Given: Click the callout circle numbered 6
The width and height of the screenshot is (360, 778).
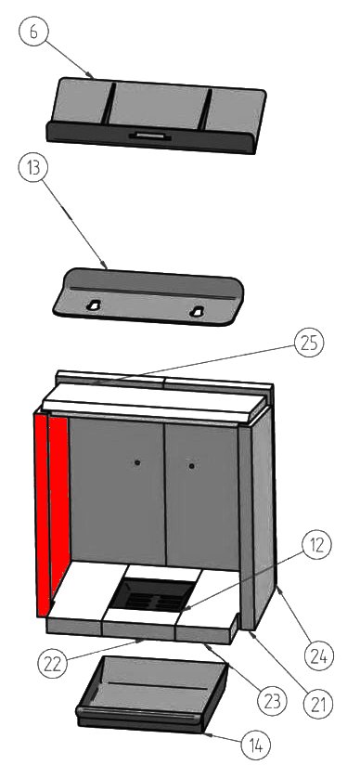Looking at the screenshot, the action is pos(32,31).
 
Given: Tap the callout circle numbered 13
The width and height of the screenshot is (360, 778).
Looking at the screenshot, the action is pos(32,168).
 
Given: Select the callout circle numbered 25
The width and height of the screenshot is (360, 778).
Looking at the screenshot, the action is pos(309,344).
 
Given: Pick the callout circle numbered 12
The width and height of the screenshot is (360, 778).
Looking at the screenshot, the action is pos(316,545).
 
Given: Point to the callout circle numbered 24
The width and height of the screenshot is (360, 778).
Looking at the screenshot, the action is pos(319,656).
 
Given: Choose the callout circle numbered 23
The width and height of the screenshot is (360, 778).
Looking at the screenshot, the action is pos(272,701).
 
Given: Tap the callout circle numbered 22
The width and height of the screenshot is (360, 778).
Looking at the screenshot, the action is pos(53,662).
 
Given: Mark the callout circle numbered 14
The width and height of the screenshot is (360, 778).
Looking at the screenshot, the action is pos(256,745).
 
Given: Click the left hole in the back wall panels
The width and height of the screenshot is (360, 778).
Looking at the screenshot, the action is pos(137,462).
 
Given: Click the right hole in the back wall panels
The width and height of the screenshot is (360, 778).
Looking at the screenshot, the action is pos(191,466).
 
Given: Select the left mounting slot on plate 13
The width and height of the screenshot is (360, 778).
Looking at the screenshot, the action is pos(93,305).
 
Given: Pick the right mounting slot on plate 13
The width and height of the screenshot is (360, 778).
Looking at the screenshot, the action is pos(197,312).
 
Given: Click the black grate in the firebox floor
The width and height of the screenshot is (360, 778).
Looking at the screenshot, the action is pos(152,595).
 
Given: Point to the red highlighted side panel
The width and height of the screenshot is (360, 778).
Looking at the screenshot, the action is pos(51,511).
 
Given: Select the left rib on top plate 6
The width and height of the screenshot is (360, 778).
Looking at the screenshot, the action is pos(109,104).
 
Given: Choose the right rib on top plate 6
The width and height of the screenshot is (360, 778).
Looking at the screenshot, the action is pos(205,110).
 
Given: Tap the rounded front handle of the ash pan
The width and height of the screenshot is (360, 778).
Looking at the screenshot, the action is pos(140,714).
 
